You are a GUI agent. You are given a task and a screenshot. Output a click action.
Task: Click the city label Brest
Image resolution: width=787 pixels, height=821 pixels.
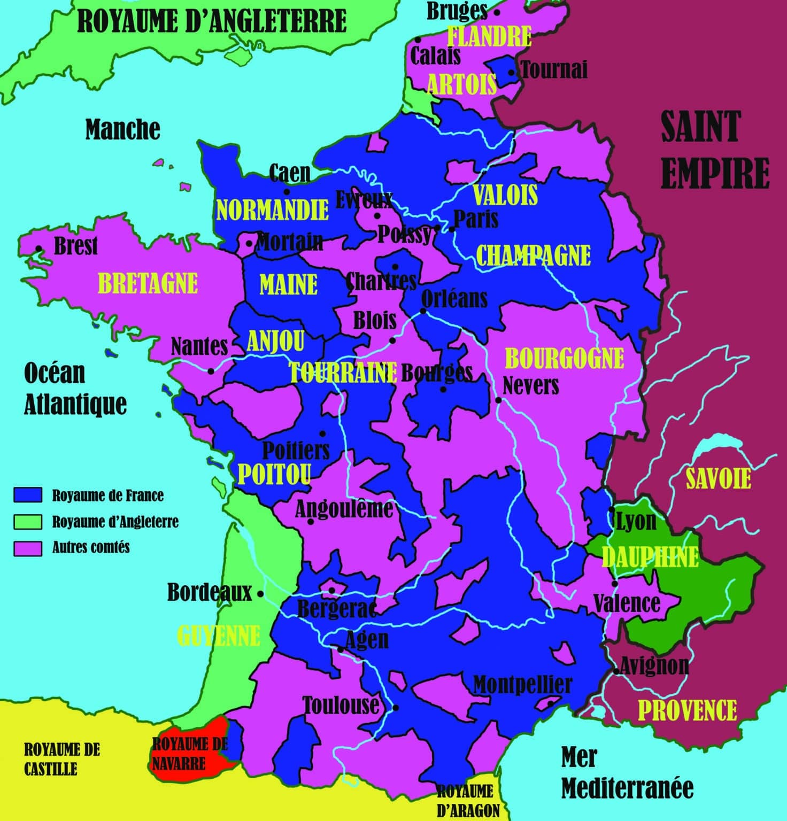pos(75,246)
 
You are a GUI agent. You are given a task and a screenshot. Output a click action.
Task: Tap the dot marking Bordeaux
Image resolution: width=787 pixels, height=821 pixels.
pos(260,593)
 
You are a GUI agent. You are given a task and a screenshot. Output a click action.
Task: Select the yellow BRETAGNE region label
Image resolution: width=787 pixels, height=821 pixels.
pos(148,283)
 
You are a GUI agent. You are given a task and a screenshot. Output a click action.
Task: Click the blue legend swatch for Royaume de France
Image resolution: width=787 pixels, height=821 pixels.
pos(28,495)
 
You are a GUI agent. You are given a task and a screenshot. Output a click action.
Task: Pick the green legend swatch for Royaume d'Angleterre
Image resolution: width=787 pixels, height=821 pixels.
pos(28,522)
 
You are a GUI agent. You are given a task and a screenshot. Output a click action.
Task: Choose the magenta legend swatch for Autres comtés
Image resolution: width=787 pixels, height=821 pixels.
pos(28,548)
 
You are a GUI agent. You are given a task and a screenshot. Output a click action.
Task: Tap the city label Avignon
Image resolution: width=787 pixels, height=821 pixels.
pos(654,665)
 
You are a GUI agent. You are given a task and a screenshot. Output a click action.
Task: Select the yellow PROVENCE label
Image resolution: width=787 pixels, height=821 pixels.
pos(687,710)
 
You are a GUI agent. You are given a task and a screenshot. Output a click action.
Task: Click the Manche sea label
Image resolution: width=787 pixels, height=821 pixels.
pos(122,129)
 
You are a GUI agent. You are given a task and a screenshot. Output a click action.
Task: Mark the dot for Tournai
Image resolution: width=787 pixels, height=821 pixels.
pos(512,73)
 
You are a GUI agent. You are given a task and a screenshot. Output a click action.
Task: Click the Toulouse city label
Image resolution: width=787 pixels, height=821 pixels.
pos(341,706)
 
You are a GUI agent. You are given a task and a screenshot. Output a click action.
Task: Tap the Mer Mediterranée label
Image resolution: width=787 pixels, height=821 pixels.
pos(627,773)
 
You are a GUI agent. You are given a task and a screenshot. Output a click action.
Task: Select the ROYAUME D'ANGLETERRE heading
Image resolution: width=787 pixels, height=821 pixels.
pos(212,21)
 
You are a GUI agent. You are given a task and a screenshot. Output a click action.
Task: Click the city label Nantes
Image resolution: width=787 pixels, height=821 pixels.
pos(199,347)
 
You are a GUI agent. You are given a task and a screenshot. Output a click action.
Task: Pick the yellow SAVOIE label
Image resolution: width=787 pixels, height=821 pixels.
pos(718,478)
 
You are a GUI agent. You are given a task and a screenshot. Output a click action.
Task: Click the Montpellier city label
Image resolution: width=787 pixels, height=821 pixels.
pos(522,684)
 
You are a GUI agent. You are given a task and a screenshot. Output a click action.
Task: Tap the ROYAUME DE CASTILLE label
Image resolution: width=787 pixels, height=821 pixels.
pos(61,759)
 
